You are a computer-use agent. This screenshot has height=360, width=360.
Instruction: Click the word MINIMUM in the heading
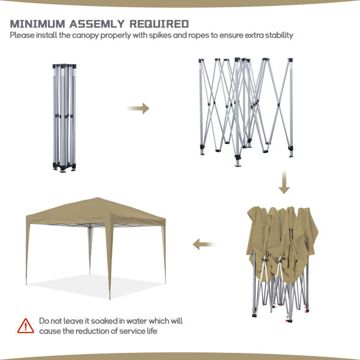[x=37, y=24]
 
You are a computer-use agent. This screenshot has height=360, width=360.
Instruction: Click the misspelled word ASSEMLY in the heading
[x=97, y=24]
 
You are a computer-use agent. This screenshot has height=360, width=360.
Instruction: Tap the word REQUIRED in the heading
[x=159, y=24]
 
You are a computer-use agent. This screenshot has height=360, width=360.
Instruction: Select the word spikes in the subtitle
[x=160, y=35]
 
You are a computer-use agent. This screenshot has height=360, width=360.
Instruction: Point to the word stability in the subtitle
[x=279, y=35]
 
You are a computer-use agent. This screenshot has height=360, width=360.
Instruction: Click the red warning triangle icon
[x=26, y=326]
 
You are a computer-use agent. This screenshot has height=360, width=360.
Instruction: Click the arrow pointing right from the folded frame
[x=138, y=109]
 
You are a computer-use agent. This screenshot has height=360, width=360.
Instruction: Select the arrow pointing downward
[x=284, y=182]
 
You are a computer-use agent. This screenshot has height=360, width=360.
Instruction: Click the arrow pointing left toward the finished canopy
[x=205, y=244]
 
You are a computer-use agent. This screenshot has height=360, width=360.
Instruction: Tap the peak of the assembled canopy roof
[x=98, y=197]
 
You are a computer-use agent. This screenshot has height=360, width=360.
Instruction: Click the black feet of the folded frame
[x=64, y=167]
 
